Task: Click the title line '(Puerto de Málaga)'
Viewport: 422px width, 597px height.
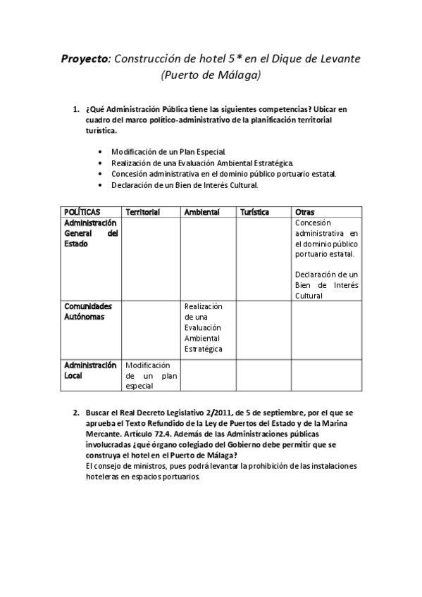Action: [211, 75]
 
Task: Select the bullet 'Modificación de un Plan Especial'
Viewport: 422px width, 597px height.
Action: [168, 152]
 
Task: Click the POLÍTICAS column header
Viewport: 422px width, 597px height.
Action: [82, 212]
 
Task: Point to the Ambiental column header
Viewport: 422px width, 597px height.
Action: [201, 212]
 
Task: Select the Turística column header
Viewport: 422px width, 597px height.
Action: [254, 212]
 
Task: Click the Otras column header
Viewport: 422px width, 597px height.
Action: [305, 212]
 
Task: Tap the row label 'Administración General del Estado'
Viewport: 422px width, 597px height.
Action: [91, 233]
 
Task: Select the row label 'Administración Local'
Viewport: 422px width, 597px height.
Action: [90, 370]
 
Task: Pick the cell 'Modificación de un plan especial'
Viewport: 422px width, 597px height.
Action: [151, 376]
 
